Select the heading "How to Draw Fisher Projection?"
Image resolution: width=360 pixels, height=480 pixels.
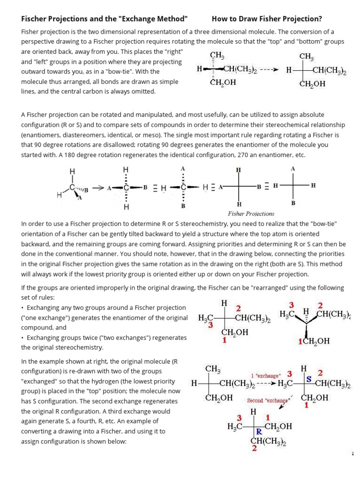coord(267,19)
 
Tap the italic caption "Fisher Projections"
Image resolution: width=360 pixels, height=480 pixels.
coord(251,213)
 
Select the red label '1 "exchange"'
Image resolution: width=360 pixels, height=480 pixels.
coord(266,375)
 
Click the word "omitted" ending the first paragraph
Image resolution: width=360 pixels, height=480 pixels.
coord(143,92)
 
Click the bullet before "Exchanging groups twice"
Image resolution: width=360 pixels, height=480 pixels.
coord(22,337)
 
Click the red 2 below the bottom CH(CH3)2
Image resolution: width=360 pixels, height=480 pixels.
coord(254,448)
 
